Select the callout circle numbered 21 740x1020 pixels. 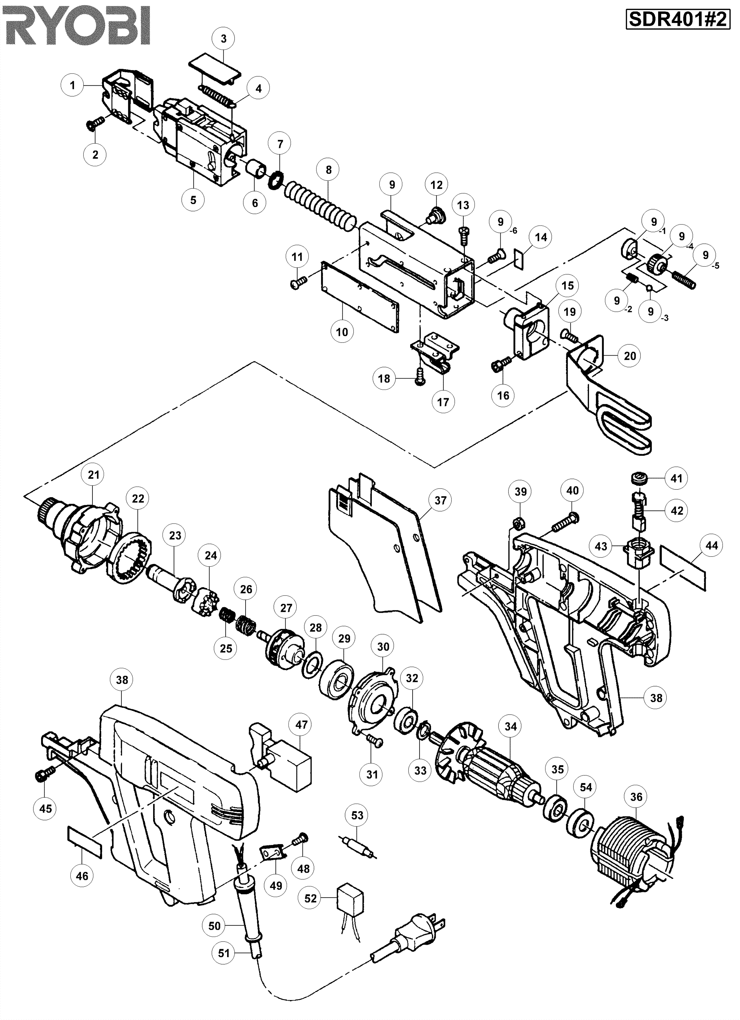click(94, 475)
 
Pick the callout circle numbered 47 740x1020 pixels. click(301, 725)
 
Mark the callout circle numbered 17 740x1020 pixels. click(443, 402)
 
